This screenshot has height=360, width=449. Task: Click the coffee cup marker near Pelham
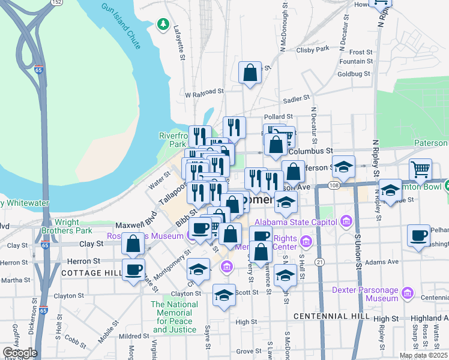tap(418, 235)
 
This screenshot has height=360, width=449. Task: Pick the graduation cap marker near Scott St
tap(224, 295)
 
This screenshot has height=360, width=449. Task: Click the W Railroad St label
tap(204, 94)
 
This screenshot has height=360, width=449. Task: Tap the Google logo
tap(19, 353)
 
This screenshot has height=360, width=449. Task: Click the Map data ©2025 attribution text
tap(423, 355)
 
